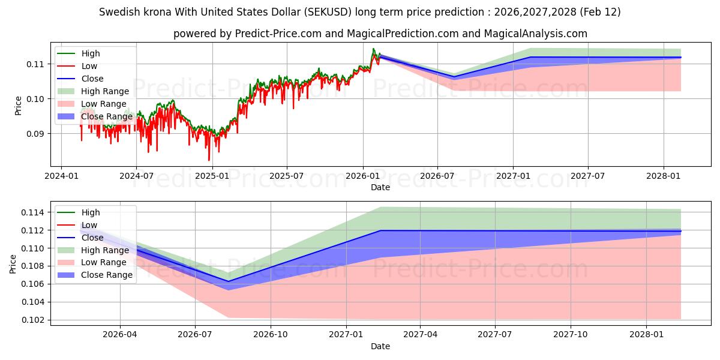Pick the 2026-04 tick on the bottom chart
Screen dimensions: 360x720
pos(120,334)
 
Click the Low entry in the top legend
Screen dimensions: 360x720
pos(89,66)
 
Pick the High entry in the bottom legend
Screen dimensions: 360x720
pos(91,212)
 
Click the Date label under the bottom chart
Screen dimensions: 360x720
pos(380,346)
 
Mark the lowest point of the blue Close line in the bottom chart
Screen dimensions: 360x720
pos(228,281)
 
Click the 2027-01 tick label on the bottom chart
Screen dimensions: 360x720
pos(347,334)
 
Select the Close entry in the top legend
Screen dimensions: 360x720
pos(92,79)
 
